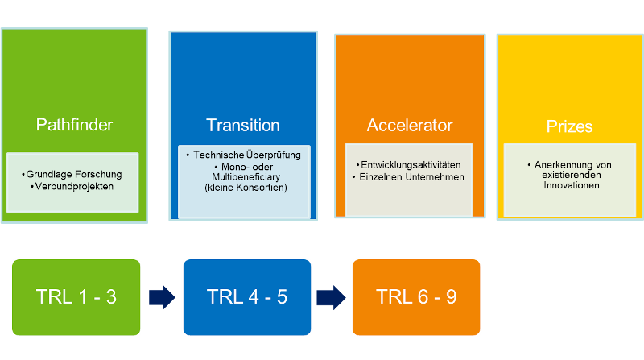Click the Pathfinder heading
[74, 125]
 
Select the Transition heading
[242, 125]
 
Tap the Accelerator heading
[410, 125]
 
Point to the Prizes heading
[569, 126]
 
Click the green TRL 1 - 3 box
[76, 296]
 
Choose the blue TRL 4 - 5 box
[246, 296]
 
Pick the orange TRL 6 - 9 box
[416, 296]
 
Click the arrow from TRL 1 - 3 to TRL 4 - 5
[161, 296]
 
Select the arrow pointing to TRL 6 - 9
[331, 296]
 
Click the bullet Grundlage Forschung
[73, 174]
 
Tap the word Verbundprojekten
[75, 186]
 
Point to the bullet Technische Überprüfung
[242, 154]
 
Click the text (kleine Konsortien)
[242, 188]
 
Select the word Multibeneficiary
[242, 176]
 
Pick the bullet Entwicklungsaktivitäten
[410, 164]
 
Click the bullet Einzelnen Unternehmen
[410, 176]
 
